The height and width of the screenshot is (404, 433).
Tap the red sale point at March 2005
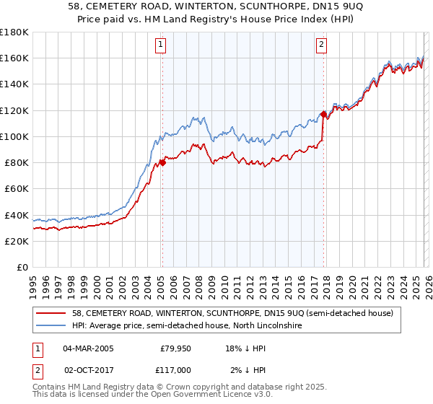coord(162,162)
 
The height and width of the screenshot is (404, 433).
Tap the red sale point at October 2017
coord(323,114)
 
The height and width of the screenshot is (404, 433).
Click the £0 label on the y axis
coord(22,267)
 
